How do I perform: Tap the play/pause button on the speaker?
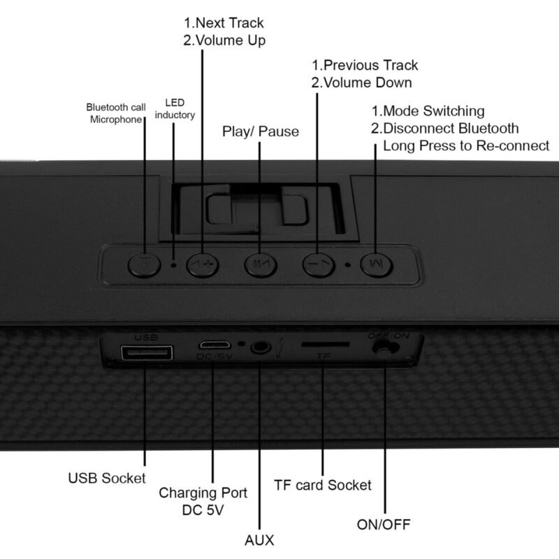click(x=261, y=265)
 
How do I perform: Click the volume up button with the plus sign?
click(x=203, y=265)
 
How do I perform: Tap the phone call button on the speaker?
click(x=144, y=265)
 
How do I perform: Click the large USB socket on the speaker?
click(x=147, y=354)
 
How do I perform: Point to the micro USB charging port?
click(x=215, y=344)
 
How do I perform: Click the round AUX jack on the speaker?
click(x=261, y=347)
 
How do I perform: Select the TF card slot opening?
click(x=326, y=344)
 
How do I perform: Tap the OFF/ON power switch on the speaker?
click(x=384, y=347)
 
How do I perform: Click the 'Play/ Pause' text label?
click(x=261, y=131)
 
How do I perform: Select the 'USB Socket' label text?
click(x=107, y=478)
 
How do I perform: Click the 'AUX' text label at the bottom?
click(x=259, y=540)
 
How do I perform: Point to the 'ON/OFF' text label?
click(x=384, y=525)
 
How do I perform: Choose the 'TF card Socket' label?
click(x=323, y=485)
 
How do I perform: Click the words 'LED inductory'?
click(x=175, y=109)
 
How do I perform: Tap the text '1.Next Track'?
click(x=224, y=23)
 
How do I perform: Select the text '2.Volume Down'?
click(x=361, y=82)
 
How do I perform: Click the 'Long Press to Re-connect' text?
click(x=466, y=146)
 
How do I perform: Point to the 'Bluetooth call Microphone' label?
click(x=116, y=113)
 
